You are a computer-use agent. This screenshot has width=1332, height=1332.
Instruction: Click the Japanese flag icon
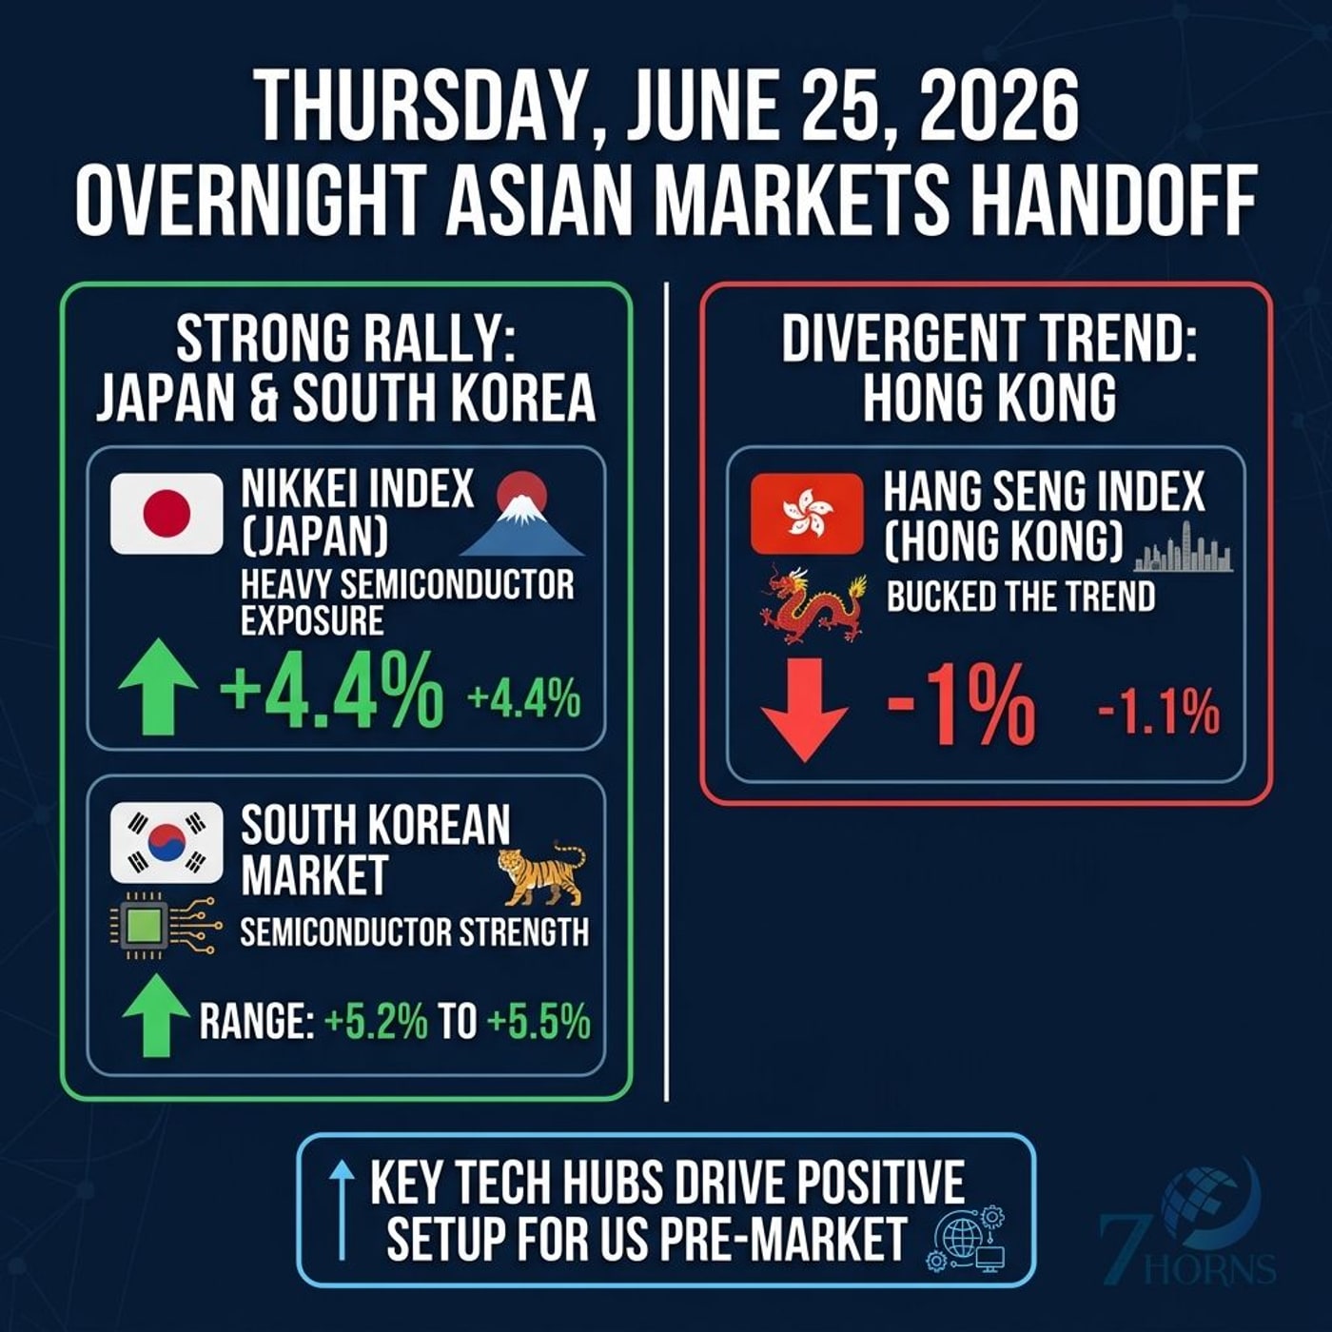(x=166, y=514)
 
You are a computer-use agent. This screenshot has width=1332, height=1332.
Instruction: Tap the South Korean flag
(x=166, y=843)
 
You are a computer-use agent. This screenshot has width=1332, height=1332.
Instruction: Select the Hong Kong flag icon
(x=807, y=514)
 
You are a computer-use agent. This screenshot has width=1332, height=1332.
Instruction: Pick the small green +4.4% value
(x=524, y=698)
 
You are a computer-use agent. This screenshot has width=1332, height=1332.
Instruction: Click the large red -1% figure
(x=962, y=709)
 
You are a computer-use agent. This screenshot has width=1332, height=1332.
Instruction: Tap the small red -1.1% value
(x=1159, y=713)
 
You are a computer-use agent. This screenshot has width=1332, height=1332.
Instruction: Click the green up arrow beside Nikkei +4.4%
(x=158, y=686)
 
